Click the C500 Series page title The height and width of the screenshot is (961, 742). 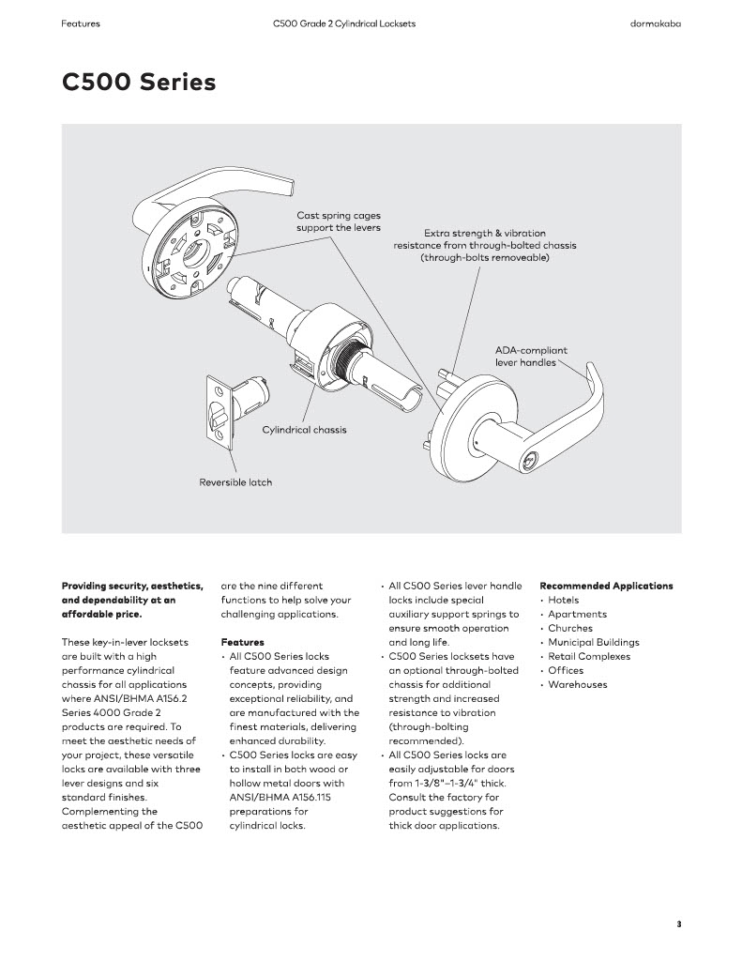[x=139, y=83]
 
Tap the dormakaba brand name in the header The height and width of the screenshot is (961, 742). [x=655, y=23]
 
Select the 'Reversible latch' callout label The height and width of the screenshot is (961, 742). [x=235, y=482]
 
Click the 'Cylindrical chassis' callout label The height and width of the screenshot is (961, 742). [x=304, y=430]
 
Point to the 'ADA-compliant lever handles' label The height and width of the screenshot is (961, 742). [x=531, y=356]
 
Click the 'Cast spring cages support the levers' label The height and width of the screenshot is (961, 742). [x=339, y=221]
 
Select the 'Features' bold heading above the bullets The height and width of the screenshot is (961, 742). [x=242, y=642]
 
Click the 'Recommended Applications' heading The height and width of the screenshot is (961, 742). [x=606, y=586]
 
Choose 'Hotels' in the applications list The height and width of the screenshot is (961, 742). [x=563, y=600]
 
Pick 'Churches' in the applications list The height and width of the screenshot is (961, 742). [x=570, y=628]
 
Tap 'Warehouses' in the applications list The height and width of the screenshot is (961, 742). [x=577, y=684]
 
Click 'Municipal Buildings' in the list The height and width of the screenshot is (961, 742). [x=594, y=642]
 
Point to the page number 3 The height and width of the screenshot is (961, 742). [x=678, y=924]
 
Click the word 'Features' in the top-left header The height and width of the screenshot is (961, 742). [x=81, y=23]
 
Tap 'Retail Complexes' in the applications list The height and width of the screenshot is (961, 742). [x=589, y=656]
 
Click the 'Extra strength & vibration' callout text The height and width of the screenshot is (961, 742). [x=484, y=233]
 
